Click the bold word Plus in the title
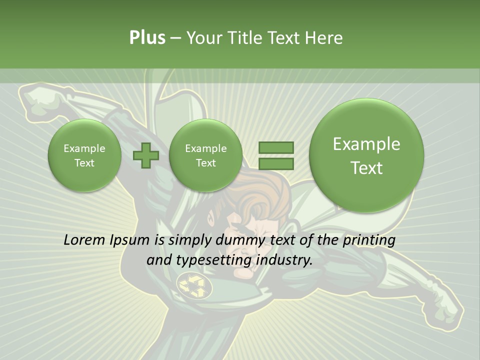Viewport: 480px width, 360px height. click(x=147, y=37)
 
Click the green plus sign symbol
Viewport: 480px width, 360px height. click(x=145, y=155)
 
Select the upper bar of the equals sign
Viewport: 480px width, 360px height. click(x=276, y=147)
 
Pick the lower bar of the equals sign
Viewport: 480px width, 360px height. click(x=276, y=163)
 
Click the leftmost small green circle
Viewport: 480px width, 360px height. click(x=84, y=155)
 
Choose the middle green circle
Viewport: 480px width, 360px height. click(x=205, y=155)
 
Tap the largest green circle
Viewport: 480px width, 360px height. click(x=366, y=155)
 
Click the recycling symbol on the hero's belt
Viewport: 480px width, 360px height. click(x=192, y=285)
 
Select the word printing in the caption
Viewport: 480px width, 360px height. click(x=369, y=240)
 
